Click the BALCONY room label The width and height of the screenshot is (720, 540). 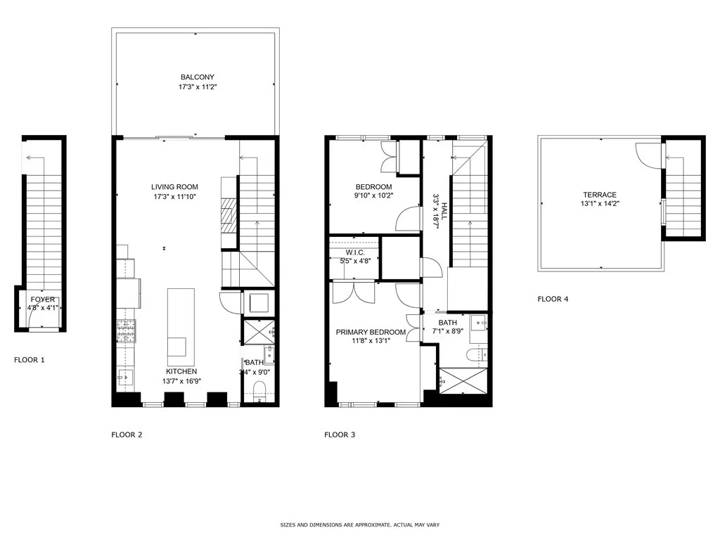tap(198, 77)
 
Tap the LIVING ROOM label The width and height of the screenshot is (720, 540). tap(174, 187)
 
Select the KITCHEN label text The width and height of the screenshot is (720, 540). tap(181, 371)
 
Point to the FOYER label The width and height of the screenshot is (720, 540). tap(43, 300)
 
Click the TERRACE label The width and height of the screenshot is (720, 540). tap(600, 195)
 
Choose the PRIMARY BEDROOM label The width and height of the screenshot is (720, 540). tap(371, 332)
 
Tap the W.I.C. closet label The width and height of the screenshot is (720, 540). tap(355, 252)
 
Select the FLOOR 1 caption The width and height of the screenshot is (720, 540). tap(30, 360)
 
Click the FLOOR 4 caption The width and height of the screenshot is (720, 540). tap(553, 299)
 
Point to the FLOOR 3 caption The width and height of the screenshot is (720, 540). tap(340, 435)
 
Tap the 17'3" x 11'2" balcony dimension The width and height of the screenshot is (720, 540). tap(198, 86)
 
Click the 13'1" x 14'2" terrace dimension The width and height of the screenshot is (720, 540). tap(600, 204)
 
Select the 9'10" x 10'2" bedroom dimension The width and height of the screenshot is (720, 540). tap(373, 195)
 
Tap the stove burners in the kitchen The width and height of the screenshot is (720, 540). tap(127, 331)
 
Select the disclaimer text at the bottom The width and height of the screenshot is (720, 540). tap(360, 525)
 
